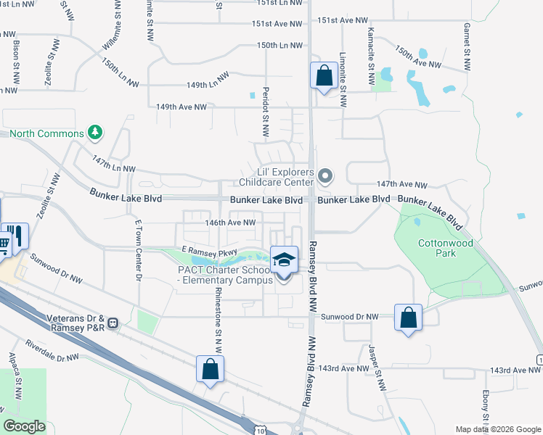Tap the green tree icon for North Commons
coord(94,133)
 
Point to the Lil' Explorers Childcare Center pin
coord(325,175)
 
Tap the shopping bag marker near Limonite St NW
coord(323,75)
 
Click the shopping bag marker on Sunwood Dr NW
coord(408,317)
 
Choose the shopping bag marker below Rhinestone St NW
coord(210,369)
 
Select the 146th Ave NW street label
coord(231,223)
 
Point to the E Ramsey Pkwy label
coord(210,252)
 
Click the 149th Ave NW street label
coord(181,107)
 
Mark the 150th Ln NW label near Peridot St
coord(279,45)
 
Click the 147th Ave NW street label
coord(402,186)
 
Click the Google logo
coord(24,426)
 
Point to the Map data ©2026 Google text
coord(497,429)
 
